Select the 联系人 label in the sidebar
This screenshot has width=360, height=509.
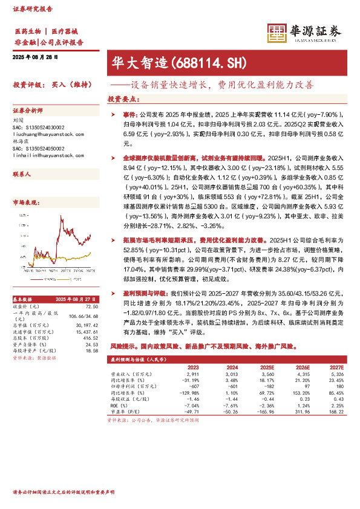tap(22, 173)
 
